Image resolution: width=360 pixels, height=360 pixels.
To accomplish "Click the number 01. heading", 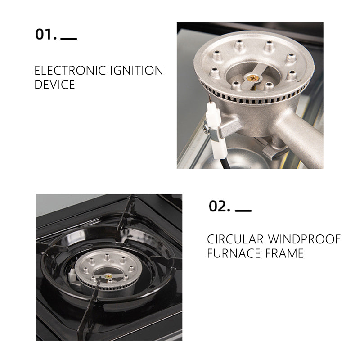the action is tap(46, 35).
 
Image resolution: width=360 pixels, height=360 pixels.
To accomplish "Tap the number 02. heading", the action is tap(220, 206).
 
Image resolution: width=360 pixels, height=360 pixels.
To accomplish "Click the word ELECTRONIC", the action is tap(70, 71).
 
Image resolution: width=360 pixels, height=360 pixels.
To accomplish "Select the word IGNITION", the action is tap(137, 71).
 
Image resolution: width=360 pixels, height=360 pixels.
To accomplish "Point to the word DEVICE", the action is tap(54, 85).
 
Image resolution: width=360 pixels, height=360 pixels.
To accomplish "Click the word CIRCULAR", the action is tap(235, 239).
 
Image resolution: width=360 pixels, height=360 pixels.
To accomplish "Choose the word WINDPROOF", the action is tap(305, 239).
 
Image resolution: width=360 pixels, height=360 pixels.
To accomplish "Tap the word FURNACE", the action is tap(234, 253).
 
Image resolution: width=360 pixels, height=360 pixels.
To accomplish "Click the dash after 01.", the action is tap(69, 39).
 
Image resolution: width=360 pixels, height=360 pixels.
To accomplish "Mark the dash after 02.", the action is tap(243, 210).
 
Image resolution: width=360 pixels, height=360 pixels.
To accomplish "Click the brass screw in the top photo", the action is tap(252, 78).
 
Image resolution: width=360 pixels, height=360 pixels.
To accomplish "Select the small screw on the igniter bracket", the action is tap(206, 130).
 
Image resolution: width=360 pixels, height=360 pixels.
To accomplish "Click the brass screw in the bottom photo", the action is tap(108, 276).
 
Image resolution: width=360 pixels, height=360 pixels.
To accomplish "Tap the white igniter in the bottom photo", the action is tap(72, 274).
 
